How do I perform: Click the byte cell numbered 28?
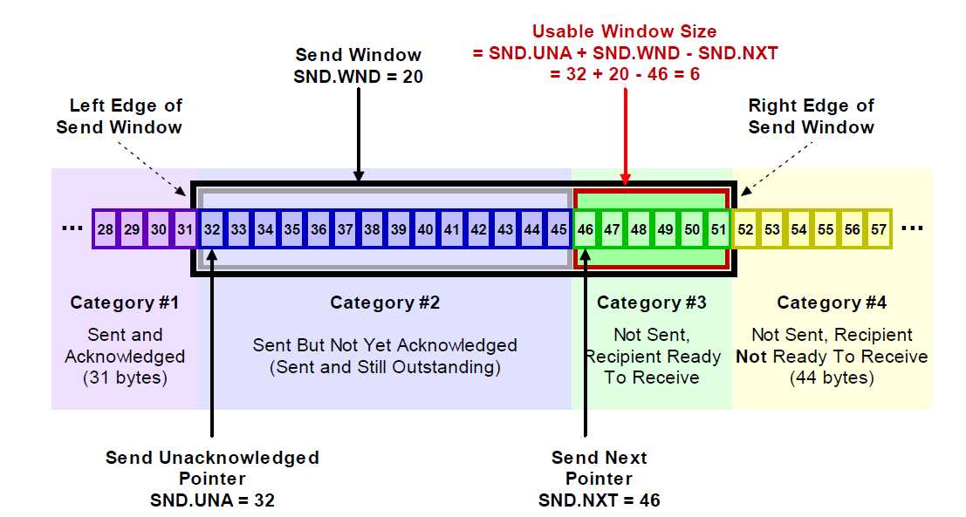click(x=105, y=229)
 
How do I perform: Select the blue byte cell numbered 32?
click(x=212, y=229)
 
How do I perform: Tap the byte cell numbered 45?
click(x=558, y=229)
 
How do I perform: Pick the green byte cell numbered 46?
click(x=586, y=229)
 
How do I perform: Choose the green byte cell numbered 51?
click(x=717, y=229)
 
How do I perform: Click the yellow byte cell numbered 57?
click(x=879, y=229)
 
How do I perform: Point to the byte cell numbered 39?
click(x=399, y=229)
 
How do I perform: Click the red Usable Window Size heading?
click(x=625, y=31)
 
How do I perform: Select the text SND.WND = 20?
click(x=359, y=77)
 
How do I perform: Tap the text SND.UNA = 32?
click(x=213, y=500)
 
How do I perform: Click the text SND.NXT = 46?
click(x=599, y=500)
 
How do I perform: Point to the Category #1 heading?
click(x=125, y=303)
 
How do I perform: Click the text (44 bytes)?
click(x=832, y=378)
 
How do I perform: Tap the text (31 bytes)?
click(x=125, y=378)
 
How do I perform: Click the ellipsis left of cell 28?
click(x=72, y=229)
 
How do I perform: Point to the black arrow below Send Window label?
click(x=359, y=131)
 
